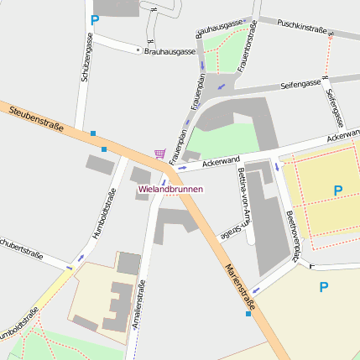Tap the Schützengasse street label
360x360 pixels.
coord(86,58)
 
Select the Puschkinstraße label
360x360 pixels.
coord(301,27)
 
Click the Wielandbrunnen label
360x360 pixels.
coord(170,190)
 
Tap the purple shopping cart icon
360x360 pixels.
coord(159,154)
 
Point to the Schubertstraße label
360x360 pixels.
coord(20,250)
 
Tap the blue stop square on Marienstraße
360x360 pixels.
coord(248,314)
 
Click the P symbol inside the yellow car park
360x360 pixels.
coord(337,190)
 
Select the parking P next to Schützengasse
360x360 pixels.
coord(95,19)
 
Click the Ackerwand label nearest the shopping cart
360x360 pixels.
coord(221,160)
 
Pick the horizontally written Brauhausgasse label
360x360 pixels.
coord(170,51)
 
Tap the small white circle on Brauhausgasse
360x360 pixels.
coord(138,50)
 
